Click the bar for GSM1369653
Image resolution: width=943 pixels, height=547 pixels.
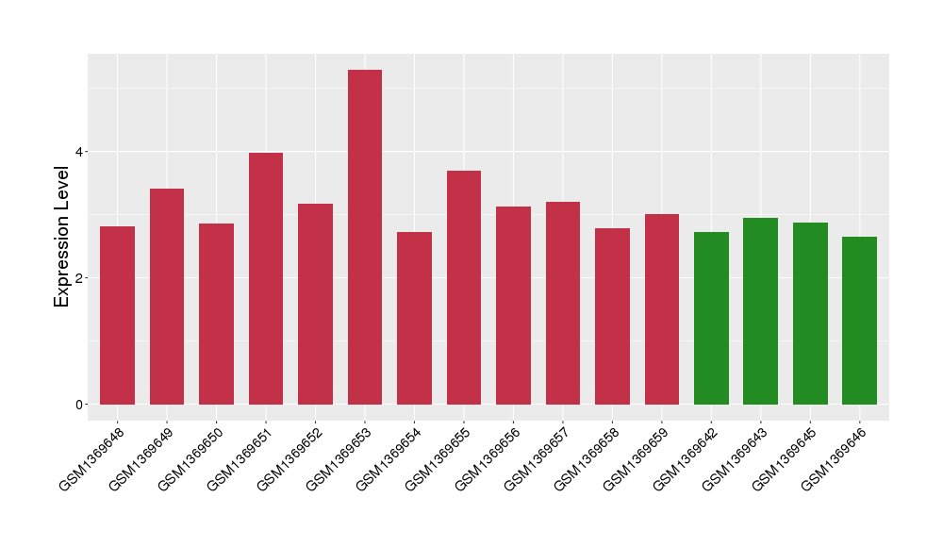coord(365,237)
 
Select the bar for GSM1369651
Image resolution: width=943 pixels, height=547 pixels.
coord(266,278)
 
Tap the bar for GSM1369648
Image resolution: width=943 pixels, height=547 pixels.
coord(118,315)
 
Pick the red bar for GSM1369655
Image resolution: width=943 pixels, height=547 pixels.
coord(464,288)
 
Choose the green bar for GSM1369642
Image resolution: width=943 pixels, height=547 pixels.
coord(711,318)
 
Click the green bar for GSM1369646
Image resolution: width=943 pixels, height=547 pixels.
coord(859,321)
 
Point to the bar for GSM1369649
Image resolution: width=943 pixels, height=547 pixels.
coord(167,296)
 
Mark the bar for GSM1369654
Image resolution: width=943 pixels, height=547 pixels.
coord(414,318)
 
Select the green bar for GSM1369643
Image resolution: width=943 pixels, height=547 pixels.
coord(760,311)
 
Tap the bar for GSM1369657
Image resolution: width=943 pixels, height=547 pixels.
coord(563,303)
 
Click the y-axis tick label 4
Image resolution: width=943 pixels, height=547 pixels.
coord(80,152)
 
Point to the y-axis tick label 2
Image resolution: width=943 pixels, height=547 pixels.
coord(80,278)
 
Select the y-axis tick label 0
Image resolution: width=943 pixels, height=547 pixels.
coord(80,405)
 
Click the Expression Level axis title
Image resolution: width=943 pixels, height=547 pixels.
coord(62,237)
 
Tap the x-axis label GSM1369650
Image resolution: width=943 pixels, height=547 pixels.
coord(190,459)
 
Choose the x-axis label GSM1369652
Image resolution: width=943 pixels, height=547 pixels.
coord(289,459)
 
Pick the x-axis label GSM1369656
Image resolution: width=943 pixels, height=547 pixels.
coord(487,459)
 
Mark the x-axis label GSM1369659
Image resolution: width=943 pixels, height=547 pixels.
coord(635,459)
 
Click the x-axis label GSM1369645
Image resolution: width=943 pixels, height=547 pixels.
coord(784,459)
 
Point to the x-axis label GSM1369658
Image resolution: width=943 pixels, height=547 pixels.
coord(586,459)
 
